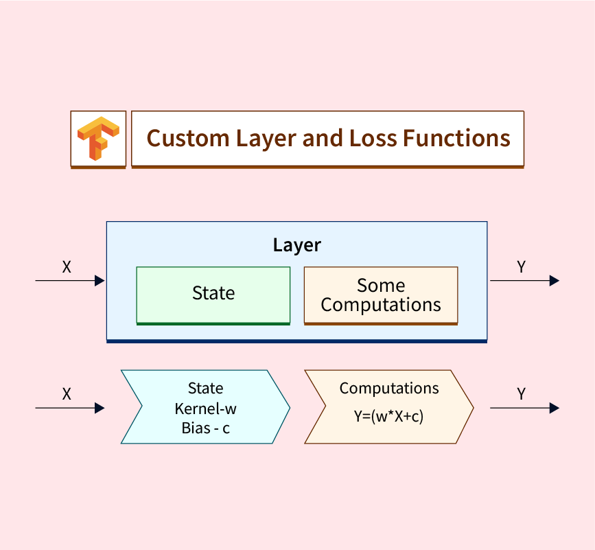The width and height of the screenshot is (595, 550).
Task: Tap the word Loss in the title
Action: click(366, 138)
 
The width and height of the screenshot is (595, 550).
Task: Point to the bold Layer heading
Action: click(296, 245)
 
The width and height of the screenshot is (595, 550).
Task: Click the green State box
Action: click(213, 294)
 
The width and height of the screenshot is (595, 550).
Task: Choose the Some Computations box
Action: click(381, 295)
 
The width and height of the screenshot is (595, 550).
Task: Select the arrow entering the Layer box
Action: click(69, 280)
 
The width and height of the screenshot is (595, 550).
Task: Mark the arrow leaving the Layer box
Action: click(524, 280)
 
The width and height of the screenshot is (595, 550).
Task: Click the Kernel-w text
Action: click(206, 409)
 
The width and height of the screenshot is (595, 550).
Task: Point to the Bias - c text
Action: click(206, 428)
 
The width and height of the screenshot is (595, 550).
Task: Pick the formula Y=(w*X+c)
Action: click(388, 415)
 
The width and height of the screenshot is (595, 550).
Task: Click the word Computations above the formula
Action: click(389, 388)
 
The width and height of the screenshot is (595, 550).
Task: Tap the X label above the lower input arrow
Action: click(67, 395)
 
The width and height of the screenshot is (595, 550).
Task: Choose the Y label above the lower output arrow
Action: click(522, 395)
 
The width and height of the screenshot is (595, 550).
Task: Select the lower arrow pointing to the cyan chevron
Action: click(69, 408)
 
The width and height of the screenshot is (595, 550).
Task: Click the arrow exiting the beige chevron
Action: click(524, 408)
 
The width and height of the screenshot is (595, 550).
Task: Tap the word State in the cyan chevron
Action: click(206, 389)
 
